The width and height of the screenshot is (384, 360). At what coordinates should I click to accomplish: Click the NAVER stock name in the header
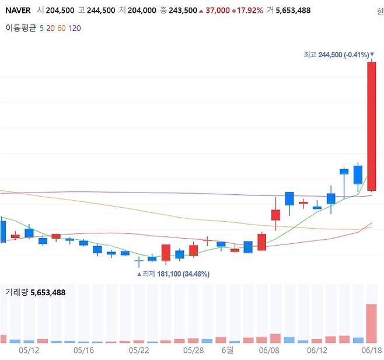[18, 11]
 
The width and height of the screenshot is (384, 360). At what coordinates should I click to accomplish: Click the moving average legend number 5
[41, 28]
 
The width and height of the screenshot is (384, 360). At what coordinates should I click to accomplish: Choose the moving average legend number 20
[51, 28]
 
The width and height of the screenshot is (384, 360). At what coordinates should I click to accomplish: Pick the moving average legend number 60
[62, 28]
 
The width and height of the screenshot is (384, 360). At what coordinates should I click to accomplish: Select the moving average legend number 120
[75, 28]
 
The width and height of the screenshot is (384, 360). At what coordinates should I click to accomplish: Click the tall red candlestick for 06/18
[371, 125]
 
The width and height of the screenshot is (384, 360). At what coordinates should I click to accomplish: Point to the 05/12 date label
[29, 350]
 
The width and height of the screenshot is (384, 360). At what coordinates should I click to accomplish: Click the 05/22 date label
[139, 350]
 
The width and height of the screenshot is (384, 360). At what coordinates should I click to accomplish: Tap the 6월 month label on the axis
[227, 350]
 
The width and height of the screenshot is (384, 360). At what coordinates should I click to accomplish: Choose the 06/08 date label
[269, 350]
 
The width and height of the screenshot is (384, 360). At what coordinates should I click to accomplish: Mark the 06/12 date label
[317, 350]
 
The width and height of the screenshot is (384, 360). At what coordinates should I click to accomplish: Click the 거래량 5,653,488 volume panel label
[34, 292]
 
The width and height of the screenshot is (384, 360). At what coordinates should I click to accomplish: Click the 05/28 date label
[193, 350]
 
